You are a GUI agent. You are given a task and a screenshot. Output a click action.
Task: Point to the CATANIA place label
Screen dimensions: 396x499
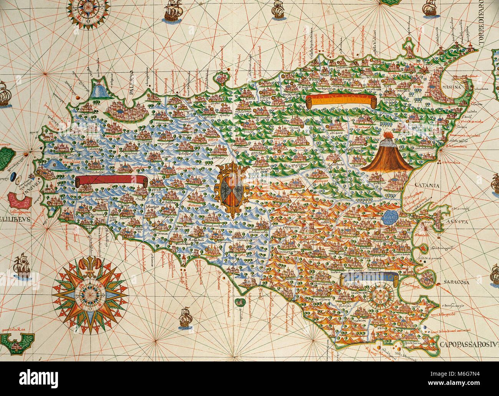point(426,186)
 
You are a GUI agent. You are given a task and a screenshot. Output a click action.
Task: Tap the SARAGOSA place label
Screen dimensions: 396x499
point(456,282)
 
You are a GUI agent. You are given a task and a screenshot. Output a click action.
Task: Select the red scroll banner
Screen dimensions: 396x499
point(112,181)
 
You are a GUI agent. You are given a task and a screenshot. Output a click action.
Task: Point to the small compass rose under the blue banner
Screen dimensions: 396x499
point(379,297)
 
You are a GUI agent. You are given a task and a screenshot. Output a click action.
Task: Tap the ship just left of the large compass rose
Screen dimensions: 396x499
point(21,266)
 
